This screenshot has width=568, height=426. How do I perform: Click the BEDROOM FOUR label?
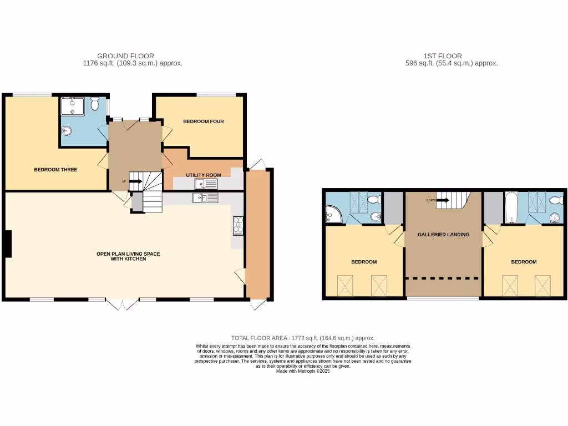tap(204, 121)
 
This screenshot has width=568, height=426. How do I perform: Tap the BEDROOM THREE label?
tap(55, 170)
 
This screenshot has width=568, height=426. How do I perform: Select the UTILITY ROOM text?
tap(204, 175)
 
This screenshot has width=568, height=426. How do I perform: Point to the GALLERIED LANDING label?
tap(443, 235)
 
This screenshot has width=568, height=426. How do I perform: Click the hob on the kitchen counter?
tap(237, 225)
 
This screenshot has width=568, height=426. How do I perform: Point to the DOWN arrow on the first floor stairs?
tap(442, 200)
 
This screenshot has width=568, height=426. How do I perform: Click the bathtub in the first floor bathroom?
tap(511, 207)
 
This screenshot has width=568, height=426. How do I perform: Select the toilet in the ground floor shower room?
tap(94, 104)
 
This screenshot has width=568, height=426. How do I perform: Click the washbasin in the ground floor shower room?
tap(67, 131)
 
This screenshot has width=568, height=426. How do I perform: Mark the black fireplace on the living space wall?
tap(8, 244)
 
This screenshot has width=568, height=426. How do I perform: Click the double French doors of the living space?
tap(121, 304)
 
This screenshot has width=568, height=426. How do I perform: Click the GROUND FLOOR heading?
tap(125, 56)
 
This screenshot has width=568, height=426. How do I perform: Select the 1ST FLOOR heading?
tap(443, 56)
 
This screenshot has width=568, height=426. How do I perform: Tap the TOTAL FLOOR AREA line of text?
tap(303, 338)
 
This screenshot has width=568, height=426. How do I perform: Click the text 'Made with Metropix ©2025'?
tap(303, 371)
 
